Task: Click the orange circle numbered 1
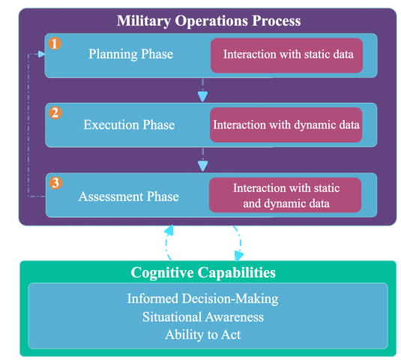coord(55,43)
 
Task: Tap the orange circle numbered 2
coord(55,112)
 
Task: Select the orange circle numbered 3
coord(55,183)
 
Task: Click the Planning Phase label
coord(130,54)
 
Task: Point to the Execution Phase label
coord(129,124)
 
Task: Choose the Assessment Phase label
coord(129,196)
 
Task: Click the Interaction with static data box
coord(286,55)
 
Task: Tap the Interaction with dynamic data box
coord(286,124)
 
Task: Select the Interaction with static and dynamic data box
coord(285,195)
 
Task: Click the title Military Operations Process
coord(208,21)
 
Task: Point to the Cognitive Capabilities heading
coord(203,272)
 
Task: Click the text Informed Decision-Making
coord(203,298)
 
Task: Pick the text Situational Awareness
coord(203,317)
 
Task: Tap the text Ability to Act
coord(203,334)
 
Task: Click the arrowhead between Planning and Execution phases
coord(202,97)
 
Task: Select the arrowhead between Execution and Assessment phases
coord(203,166)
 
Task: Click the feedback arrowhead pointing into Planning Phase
coord(41,54)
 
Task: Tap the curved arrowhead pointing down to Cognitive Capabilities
coord(238,256)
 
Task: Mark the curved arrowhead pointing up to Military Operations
coord(169,230)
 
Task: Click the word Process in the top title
coord(277,21)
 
